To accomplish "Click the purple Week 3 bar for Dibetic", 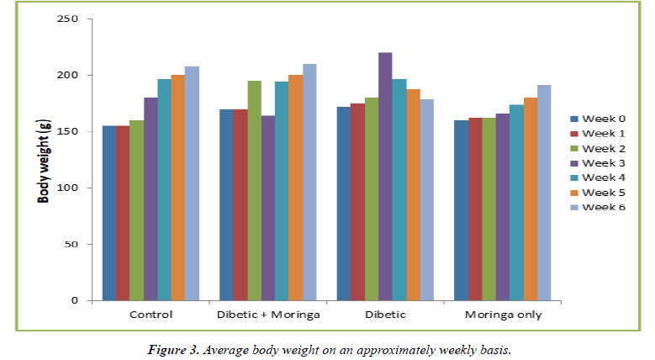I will point(385,177).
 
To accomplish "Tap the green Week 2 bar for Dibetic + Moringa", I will point(254,191).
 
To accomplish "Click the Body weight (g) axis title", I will point(41,160).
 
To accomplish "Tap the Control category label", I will point(151,315).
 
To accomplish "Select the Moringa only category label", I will point(501,315).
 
